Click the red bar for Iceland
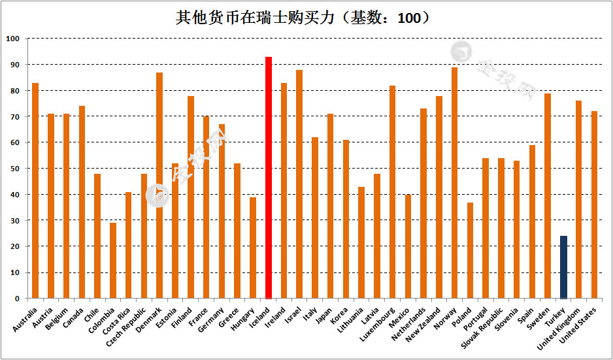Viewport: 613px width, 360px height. [268, 178]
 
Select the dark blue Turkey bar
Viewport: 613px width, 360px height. [563, 267]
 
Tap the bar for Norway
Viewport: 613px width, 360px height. [454, 183]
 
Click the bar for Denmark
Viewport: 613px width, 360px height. [159, 186]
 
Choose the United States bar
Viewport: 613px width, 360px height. [594, 205]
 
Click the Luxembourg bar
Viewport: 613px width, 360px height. [392, 192]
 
